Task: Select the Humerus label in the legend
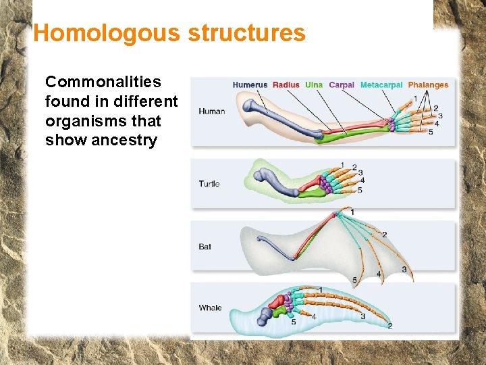250,85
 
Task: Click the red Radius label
286,85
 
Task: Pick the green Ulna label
314,85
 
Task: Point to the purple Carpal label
342,85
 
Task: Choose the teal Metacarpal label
381,85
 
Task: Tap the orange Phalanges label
428,85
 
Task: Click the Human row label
212,112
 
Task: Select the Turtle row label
209,184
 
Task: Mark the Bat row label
205,247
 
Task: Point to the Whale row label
210,308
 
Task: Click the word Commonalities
103,82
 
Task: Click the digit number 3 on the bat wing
404,270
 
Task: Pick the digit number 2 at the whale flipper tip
390,326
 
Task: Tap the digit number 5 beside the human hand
431,132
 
